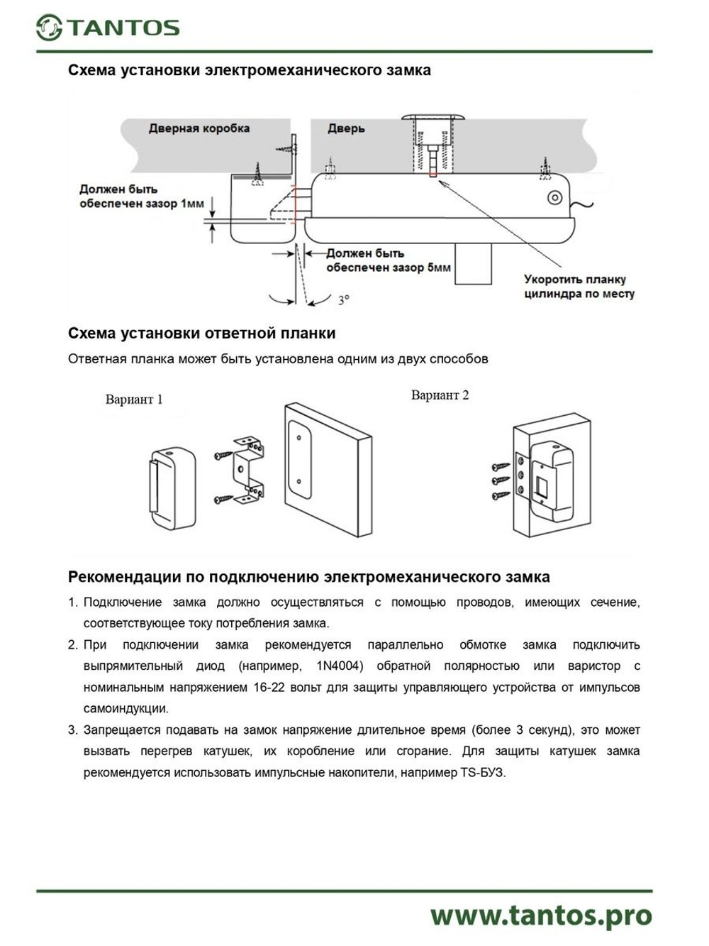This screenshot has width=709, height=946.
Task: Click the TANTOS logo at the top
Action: (x=108, y=28)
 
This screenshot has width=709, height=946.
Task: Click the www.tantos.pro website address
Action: (x=540, y=915)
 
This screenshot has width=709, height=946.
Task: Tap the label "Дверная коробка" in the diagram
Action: (x=199, y=128)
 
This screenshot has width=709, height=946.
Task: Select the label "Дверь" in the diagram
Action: (x=346, y=128)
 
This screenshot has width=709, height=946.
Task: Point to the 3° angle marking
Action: (x=343, y=300)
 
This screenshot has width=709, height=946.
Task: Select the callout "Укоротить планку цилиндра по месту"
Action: (x=579, y=286)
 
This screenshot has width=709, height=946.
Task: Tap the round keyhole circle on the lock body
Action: (x=555, y=197)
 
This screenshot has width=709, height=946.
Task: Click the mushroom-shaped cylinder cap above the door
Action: (x=433, y=118)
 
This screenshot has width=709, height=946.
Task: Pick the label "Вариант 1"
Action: (x=134, y=400)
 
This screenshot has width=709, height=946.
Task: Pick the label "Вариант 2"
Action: (x=440, y=395)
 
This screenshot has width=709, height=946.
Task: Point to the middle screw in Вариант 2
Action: (x=501, y=480)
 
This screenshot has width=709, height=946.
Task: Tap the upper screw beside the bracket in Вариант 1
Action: (x=222, y=453)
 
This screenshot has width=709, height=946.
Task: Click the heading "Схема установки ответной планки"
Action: (x=201, y=334)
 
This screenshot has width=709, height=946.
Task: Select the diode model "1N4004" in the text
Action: (x=339, y=666)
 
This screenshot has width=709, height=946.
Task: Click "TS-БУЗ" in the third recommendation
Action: (x=483, y=772)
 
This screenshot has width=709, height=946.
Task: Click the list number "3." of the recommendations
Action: (x=72, y=730)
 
